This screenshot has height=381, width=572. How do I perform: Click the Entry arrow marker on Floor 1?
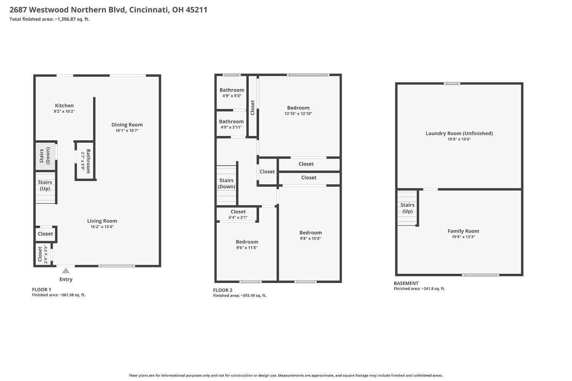pyautogui.click(x=66, y=271)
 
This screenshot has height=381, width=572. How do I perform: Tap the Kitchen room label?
pyautogui.click(x=64, y=106)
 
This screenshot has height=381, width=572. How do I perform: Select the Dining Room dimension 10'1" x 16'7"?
pyautogui.click(x=127, y=130)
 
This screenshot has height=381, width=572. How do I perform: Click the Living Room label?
pyautogui.click(x=102, y=221)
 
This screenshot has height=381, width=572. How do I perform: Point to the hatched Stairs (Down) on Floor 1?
pyautogui.click(x=45, y=156)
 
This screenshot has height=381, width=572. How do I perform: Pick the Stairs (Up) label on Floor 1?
pyautogui.click(x=45, y=185)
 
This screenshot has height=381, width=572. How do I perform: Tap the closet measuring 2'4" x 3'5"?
pyautogui.click(x=42, y=254)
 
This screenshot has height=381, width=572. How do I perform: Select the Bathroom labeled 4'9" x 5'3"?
pyautogui.click(x=232, y=93)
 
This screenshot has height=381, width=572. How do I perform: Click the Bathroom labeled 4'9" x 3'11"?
pyautogui.click(x=231, y=124)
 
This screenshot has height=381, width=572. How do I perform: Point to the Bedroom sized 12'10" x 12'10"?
pyautogui.click(x=298, y=110)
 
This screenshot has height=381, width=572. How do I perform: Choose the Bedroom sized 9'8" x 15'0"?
pyautogui.click(x=310, y=235)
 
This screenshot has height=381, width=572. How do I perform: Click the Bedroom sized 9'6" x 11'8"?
pyautogui.click(x=247, y=244)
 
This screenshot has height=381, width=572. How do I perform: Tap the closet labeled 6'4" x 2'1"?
pyautogui.click(x=238, y=214)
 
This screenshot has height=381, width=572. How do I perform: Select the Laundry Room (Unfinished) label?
pyautogui.click(x=459, y=133)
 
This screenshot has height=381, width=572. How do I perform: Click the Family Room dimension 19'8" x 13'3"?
pyautogui.click(x=463, y=237)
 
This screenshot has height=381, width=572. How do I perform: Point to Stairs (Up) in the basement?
pyautogui.click(x=407, y=208)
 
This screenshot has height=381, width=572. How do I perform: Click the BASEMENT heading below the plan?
pyautogui.click(x=406, y=283)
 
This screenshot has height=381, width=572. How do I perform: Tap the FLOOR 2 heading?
pyautogui.click(x=223, y=290)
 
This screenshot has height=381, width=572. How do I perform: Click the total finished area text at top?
pyautogui.click(x=50, y=19)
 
